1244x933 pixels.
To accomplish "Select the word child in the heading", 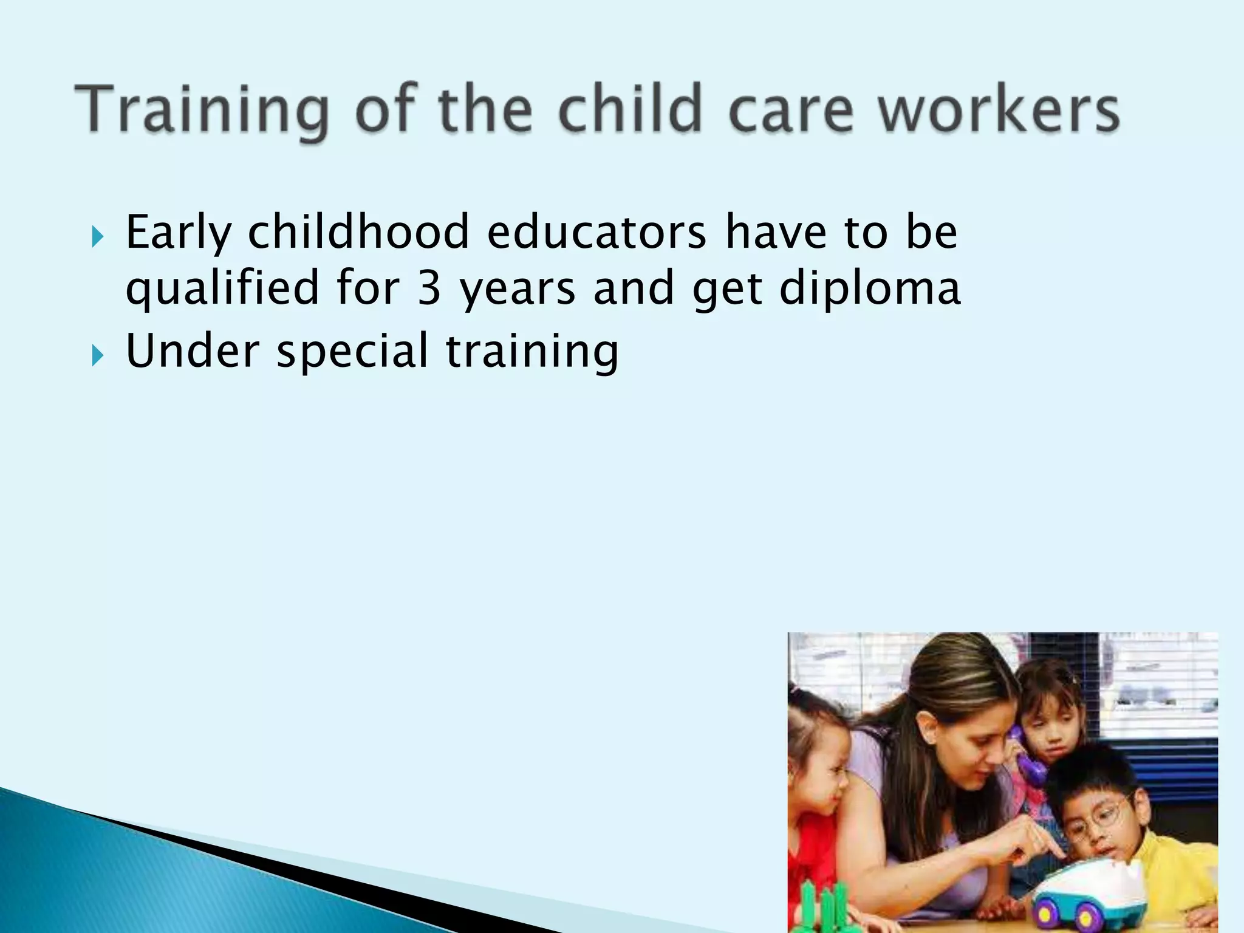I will point(629,109).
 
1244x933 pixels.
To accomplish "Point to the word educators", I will point(597,232).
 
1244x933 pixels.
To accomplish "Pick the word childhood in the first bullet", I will point(358,232).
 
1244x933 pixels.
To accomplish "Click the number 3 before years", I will point(429,289).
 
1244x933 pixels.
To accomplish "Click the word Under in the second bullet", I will point(193,350).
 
